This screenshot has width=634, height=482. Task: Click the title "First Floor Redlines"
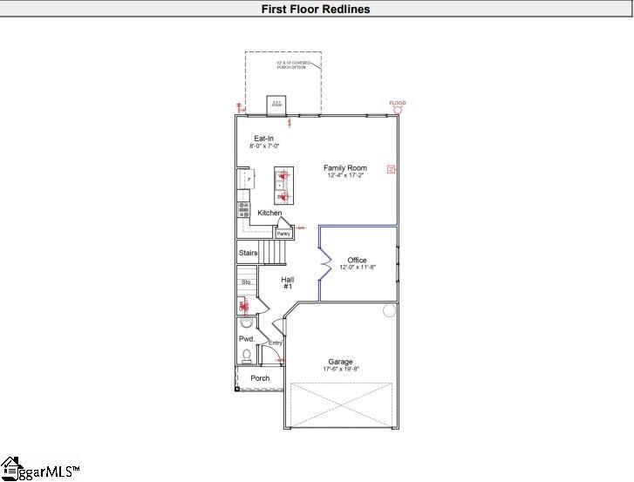click(x=317, y=10)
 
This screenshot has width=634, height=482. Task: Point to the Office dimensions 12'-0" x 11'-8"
click(x=357, y=268)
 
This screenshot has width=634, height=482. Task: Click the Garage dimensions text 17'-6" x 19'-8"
click(x=340, y=370)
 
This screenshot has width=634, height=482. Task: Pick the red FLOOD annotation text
click(x=398, y=104)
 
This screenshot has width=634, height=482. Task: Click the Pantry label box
click(x=283, y=234)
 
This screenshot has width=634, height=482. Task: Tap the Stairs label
click(x=248, y=254)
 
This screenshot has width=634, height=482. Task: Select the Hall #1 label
click(x=287, y=283)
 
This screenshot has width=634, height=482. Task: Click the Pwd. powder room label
click(x=246, y=338)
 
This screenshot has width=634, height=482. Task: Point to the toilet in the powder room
click(x=247, y=355)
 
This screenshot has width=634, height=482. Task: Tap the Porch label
click(x=260, y=378)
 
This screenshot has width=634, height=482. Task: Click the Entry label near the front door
click(x=276, y=343)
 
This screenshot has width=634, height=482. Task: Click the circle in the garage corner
click(x=389, y=310)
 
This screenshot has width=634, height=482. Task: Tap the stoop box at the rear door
click(x=276, y=105)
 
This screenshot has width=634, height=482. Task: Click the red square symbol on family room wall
click(x=392, y=169)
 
